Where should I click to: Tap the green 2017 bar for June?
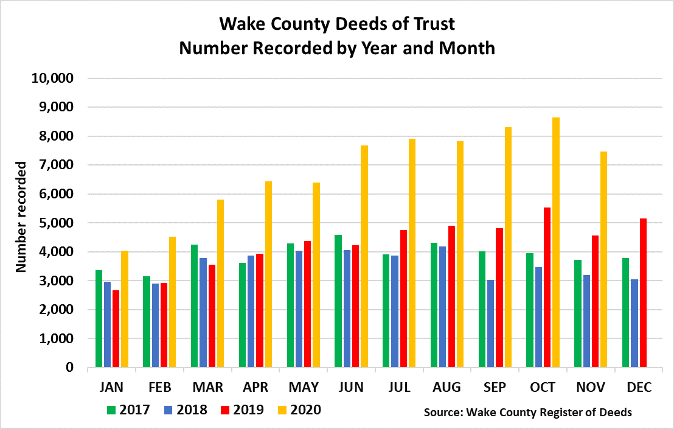pos(338,301)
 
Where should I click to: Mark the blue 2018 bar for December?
pos(633,323)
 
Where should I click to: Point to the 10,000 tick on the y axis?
pos(52,78)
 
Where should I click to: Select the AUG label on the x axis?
pos(447,388)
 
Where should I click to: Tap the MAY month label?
pos(304,388)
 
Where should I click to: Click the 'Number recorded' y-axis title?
pos(21,216)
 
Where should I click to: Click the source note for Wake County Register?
pos(527,413)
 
